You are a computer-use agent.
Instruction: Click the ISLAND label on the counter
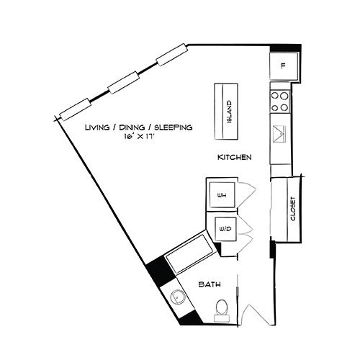pyautogui.click(x=230, y=112)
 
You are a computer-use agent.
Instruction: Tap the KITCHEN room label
pyautogui.click(x=234, y=158)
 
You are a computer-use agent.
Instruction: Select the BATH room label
pyautogui.click(x=210, y=284)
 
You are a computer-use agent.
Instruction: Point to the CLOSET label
pyautogui.click(x=293, y=209)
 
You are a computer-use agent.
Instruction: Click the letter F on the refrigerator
pyautogui.click(x=284, y=66)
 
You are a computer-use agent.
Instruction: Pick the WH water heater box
pyautogui.click(x=222, y=194)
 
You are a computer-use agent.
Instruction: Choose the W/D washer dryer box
pyautogui.click(x=225, y=229)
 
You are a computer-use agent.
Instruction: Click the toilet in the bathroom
pyautogui.click(x=222, y=310)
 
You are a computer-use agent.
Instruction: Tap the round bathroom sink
pyautogui.click(x=178, y=298)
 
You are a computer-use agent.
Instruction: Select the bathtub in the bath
pyautogui.click(x=190, y=253)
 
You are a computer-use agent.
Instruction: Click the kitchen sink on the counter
pyautogui.click(x=279, y=134)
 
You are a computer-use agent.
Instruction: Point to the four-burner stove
pyautogui.click(x=280, y=102)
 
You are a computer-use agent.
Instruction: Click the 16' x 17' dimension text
pyautogui.click(x=139, y=137)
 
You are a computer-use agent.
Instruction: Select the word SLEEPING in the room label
pyautogui.click(x=174, y=127)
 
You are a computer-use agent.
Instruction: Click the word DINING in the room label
pyautogui.click(x=132, y=127)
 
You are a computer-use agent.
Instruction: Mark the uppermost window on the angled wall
pyautogui.click(x=171, y=55)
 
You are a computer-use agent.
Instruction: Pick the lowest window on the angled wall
pyautogui.click(x=76, y=109)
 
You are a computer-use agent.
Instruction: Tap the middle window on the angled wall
pyautogui.click(x=124, y=82)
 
